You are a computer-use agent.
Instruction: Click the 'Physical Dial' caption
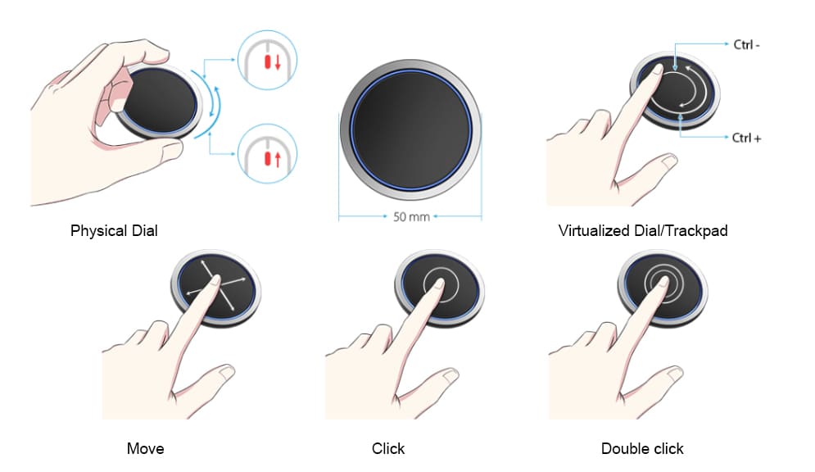[114, 231]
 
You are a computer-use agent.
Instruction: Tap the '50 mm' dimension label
[411, 217]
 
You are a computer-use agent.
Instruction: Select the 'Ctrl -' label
[746, 45]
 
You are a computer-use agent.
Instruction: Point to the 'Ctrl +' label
[746, 138]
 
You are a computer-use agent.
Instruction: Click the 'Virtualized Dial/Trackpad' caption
[643, 231]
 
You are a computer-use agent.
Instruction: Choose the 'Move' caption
[146, 448]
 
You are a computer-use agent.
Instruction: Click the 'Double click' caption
[642, 448]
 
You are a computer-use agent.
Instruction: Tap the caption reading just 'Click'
[388, 448]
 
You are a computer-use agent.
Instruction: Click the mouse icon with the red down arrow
[267, 61]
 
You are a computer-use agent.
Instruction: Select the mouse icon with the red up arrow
[267, 153]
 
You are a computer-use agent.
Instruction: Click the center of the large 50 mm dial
[410, 130]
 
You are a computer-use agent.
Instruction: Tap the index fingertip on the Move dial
[215, 282]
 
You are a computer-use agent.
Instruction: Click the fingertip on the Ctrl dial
[657, 70]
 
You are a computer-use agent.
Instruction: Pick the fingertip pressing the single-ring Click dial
[439, 284]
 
